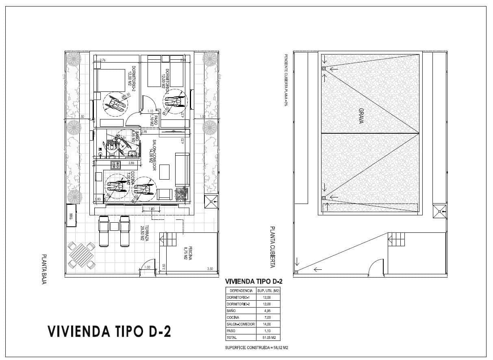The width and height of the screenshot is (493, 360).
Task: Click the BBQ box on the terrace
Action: (70, 216)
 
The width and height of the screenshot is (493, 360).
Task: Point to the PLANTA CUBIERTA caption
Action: (273, 247)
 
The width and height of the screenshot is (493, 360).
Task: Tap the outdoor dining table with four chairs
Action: (81, 255)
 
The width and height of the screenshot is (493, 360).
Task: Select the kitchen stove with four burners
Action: (116, 165)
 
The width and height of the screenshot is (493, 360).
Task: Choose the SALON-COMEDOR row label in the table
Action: (241, 324)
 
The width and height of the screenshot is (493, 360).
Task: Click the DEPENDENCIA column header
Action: (241, 291)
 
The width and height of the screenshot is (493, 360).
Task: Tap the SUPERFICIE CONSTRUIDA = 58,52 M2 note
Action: (256, 348)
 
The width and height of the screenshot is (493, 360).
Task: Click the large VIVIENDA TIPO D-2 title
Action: (109, 332)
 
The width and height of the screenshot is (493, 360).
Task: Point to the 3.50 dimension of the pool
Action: (210, 269)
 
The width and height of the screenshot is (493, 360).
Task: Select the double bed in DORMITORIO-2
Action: (110, 80)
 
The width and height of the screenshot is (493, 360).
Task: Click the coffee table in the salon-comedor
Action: (165, 172)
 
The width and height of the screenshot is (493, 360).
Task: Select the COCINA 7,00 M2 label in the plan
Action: (130, 178)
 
